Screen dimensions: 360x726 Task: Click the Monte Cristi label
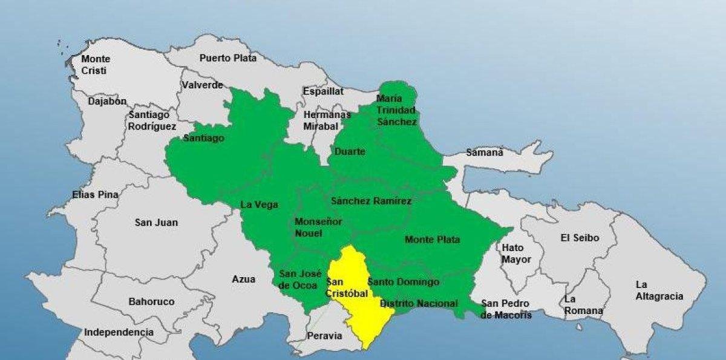point(96,65)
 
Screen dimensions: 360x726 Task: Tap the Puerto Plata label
point(228,58)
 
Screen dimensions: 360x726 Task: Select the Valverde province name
point(202,85)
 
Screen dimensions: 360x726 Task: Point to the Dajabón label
point(107,102)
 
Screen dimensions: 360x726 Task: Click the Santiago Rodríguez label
point(152,120)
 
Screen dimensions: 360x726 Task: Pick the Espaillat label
point(324,91)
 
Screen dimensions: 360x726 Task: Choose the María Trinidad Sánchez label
point(396,110)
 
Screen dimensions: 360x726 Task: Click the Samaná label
point(485,152)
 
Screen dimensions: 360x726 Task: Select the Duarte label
point(350,152)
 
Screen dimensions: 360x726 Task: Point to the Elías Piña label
point(95,195)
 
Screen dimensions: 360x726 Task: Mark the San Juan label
point(156,223)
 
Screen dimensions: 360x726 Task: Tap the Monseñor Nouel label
point(318,227)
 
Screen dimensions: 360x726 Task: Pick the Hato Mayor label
point(516,254)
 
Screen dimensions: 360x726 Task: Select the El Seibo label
point(580,238)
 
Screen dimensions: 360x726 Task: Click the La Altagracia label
point(659,290)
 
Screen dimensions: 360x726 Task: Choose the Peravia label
point(325,336)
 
